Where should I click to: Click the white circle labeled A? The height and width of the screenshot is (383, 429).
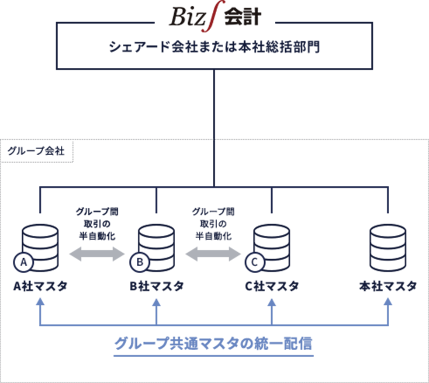(x=24, y=262)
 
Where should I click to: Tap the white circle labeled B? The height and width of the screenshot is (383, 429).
(x=140, y=262)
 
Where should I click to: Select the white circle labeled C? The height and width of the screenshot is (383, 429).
(x=254, y=262)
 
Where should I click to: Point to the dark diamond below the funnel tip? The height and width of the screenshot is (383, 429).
(x=214, y=162)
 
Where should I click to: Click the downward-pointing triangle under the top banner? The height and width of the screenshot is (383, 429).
(x=214, y=118)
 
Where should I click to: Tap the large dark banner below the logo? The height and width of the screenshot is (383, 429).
(x=214, y=70)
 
